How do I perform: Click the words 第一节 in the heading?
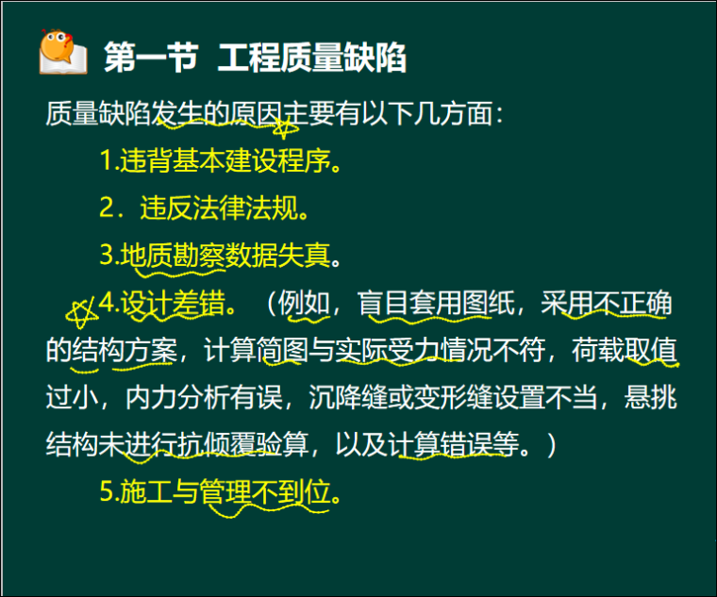click(x=151, y=58)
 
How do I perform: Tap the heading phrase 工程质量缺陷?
click(x=312, y=58)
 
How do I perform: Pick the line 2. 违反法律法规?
click(x=204, y=207)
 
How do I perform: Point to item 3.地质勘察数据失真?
click(x=219, y=255)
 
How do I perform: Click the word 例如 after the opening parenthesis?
click(x=304, y=304)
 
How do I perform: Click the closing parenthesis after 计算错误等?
click(x=550, y=444)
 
